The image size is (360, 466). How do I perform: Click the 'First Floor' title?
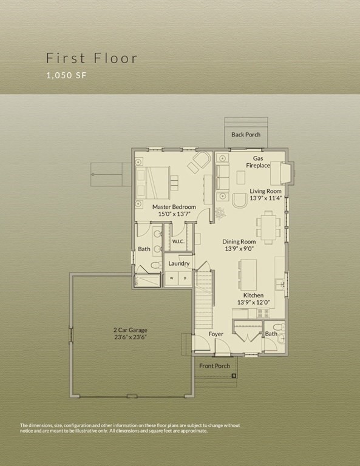(x=92, y=58)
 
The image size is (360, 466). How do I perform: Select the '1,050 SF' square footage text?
(x=67, y=76)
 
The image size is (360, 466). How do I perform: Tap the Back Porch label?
(x=245, y=134)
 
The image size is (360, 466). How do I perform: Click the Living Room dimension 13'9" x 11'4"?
(x=265, y=198)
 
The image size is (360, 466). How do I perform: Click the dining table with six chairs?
(x=268, y=226)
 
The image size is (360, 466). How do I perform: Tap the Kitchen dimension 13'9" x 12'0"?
(x=253, y=302)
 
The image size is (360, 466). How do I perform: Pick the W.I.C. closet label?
(x=178, y=241)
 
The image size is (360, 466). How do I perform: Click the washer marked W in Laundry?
(x=171, y=279)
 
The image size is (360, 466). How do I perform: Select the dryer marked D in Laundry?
(x=186, y=279)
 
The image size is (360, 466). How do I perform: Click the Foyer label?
(x=216, y=334)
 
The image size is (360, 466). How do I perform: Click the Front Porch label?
(x=214, y=366)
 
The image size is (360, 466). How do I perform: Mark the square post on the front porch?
(x=233, y=377)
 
